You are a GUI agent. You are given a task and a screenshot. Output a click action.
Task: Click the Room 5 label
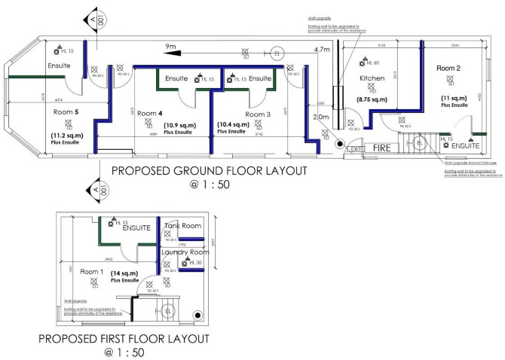(x=66, y=111)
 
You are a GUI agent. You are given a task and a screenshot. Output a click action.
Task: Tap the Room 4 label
(x=149, y=113)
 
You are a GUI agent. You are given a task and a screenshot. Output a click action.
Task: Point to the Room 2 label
(x=448, y=69)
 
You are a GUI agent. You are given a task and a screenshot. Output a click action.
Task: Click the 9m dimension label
(x=172, y=47)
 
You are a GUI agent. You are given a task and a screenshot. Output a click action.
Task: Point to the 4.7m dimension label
(x=322, y=50)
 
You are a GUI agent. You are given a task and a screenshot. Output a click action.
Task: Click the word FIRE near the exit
(x=383, y=149)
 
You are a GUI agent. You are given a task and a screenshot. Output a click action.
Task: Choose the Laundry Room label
(x=187, y=252)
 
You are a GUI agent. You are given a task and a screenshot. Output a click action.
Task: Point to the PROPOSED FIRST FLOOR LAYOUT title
(x=124, y=338)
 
